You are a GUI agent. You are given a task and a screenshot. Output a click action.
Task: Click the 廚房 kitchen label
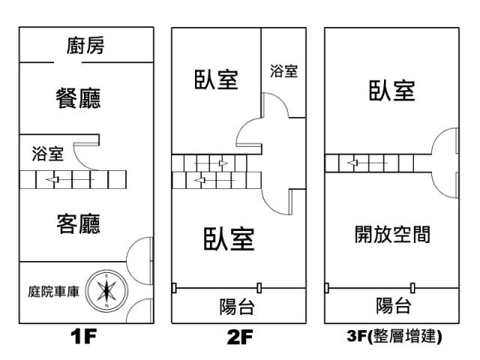pyautogui.click(x=85, y=46)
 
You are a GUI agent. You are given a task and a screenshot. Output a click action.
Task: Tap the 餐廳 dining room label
pyautogui.click(x=78, y=98)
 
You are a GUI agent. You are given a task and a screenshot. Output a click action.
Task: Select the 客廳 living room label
pyautogui.click(x=78, y=223)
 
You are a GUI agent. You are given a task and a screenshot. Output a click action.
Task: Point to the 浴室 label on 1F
pyautogui.click(x=48, y=154)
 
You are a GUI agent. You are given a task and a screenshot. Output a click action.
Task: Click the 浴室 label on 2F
pyautogui.click(x=283, y=70)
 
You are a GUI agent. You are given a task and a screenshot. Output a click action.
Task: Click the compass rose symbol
pyautogui.click(x=106, y=290)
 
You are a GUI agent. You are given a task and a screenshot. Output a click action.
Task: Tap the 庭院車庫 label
pyautogui.click(x=53, y=292)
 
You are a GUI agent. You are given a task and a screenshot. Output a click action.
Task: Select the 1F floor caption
pyautogui.click(x=83, y=336)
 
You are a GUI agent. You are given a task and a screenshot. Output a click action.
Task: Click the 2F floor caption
pyautogui.click(x=240, y=337)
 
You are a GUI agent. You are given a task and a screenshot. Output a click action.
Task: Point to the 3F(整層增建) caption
pyautogui.click(x=394, y=336)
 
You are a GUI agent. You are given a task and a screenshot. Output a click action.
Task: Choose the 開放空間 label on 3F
pyautogui.click(x=392, y=234)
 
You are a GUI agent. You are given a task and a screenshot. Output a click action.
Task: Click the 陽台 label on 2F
pyautogui.click(x=237, y=307)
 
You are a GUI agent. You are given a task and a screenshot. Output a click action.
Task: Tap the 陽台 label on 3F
pyautogui.click(x=393, y=305)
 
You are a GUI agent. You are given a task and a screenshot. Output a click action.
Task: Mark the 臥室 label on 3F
pyautogui.click(x=391, y=90)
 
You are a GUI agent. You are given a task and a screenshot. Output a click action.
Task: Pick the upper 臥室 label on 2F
pyautogui.click(x=216, y=79)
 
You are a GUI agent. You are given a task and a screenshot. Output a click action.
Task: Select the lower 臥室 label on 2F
pyautogui.click(x=229, y=238)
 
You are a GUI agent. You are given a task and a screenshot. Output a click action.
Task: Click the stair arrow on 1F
pyautogui.click(x=70, y=179)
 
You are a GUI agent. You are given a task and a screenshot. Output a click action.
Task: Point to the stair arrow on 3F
pyautogui.click(x=367, y=163)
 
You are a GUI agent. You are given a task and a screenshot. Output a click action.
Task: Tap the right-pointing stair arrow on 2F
pyautogui.click(x=211, y=163)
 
